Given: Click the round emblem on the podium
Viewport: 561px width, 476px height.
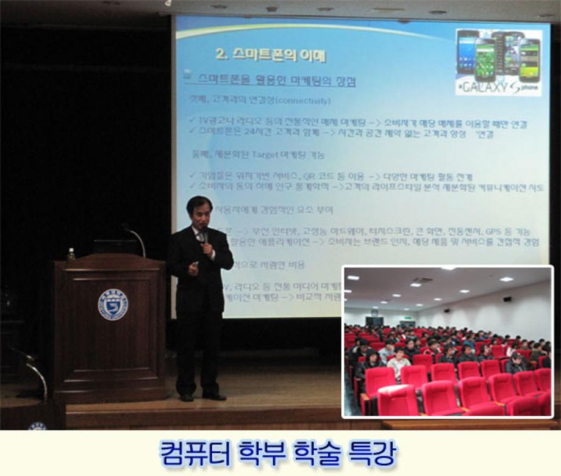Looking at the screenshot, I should [113, 304].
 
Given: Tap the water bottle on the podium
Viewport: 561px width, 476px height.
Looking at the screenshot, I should [71, 254].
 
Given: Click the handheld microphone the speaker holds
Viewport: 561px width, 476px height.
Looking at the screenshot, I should [205, 235].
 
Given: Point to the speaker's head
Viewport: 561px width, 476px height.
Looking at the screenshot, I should [199, 211].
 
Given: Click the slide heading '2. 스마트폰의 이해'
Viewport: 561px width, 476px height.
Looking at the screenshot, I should [271, 54].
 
